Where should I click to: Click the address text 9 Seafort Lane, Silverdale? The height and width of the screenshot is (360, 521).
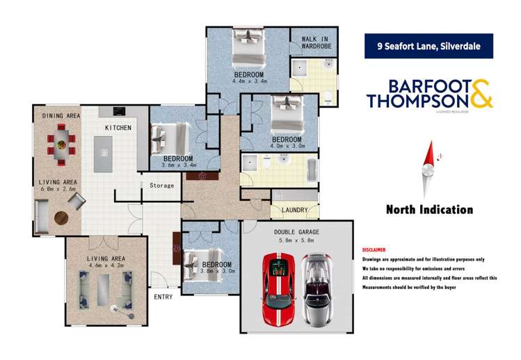(x=429, y=47)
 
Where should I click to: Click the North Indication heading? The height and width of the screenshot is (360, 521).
(x=429, y=209)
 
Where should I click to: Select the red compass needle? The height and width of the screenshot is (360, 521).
(x=431, y=154)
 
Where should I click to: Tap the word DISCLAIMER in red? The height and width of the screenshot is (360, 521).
(x=374, y=249)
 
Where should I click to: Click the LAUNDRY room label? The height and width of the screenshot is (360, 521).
(x=294, y=209)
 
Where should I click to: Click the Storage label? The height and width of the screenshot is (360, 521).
(x=161, y=186)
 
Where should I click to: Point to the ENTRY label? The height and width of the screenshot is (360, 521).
(x=164, y=297)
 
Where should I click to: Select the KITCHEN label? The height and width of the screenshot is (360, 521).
(x=118, y=128)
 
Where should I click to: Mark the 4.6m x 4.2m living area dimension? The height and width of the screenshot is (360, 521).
(x=106, y=265)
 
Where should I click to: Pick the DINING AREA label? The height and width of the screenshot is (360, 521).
(x=61, y=115)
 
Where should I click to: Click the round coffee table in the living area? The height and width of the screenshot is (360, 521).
(x=62, y=218)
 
